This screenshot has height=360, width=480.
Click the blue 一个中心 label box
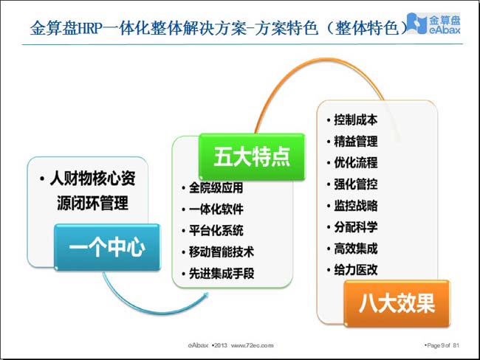(x=108, y=247)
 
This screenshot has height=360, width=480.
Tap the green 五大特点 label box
(x=252, y=156)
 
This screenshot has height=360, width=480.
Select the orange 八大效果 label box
(x=397, y=303)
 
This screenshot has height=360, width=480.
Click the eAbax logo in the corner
(x=434, y=24)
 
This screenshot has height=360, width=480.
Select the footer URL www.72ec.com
(x=253, y=345)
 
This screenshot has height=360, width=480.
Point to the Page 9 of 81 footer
(x=442, y=345)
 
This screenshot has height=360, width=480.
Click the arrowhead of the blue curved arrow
(x=206, y=296)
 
